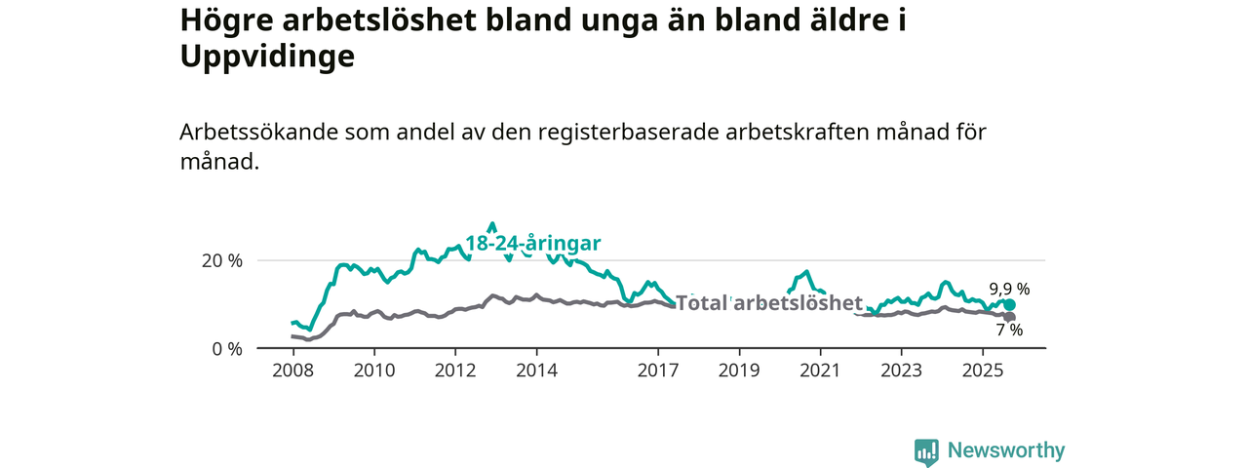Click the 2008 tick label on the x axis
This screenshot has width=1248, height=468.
coord(292,370)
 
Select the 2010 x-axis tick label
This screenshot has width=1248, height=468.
coord(373,370)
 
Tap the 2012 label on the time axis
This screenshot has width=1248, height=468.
coord(455,370)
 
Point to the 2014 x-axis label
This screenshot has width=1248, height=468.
coord(536,370)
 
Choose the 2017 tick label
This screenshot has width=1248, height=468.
coord(658,370)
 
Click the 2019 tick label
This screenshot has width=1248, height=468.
coord(739,370)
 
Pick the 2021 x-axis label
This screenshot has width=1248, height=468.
coord(820,370)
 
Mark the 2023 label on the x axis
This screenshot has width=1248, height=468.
coord(901,370)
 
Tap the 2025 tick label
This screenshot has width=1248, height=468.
coord(983,370)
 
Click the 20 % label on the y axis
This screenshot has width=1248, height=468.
coord(221,260)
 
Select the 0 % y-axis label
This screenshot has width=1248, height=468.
coord(226,348)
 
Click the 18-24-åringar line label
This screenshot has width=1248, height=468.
coord(532,243)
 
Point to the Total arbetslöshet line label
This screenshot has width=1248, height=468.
coord(769,302)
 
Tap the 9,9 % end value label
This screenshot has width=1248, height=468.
coord(1009,289)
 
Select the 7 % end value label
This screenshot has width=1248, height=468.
coord(1009,331)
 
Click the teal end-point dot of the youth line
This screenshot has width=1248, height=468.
coord(1009,305)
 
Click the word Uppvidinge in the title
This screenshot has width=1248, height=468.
coord(266,57)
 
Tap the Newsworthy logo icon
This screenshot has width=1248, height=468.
coord(926,451)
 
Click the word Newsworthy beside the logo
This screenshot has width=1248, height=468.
coord(1006,451)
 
